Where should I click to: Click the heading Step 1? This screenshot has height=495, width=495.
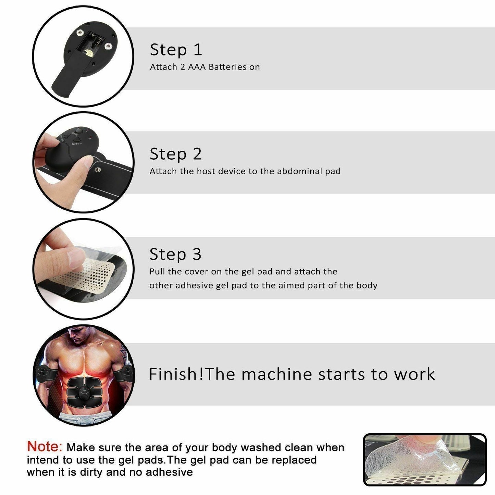click(176, 50)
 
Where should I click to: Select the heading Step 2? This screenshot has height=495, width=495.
click(176, 154)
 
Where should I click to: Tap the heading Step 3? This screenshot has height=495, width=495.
click(175, 255)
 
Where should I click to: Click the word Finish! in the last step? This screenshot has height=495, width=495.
click(176, 374)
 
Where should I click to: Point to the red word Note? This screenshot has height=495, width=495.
click(45, 447)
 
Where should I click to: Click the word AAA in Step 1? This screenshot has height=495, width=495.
click(197, 67)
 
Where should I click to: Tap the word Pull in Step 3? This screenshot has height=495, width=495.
click(157, 272)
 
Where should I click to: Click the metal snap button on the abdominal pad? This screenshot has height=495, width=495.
click(98, 170)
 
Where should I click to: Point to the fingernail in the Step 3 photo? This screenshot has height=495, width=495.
click(76, 257)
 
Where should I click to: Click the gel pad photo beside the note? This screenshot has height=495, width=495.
click(424, 460)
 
